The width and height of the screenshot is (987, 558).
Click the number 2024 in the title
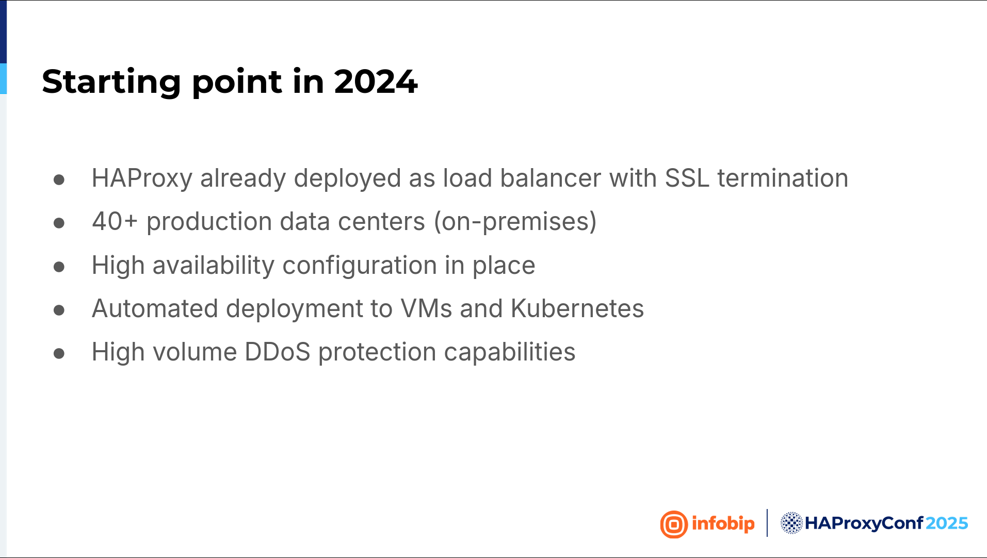[376, 81]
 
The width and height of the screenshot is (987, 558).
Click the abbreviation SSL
[687, 178]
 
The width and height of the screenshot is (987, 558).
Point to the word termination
[783, 178]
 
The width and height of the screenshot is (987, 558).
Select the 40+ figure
[115, 221]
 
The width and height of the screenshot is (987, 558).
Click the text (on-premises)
[515, 222]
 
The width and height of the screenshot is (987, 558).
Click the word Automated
[155, 308]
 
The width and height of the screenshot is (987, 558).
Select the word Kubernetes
[577, 308]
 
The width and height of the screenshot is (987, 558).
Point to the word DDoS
[278, 352]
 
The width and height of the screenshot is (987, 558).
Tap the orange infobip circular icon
[674, 524]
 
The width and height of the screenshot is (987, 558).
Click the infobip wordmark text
[723, 524]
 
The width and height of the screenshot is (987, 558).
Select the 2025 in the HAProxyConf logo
[947, 523]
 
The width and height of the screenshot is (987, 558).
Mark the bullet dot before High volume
[59, 353]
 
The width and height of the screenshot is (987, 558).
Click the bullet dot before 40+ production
[59, 223]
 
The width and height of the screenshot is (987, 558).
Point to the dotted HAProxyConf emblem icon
[791, 523]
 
